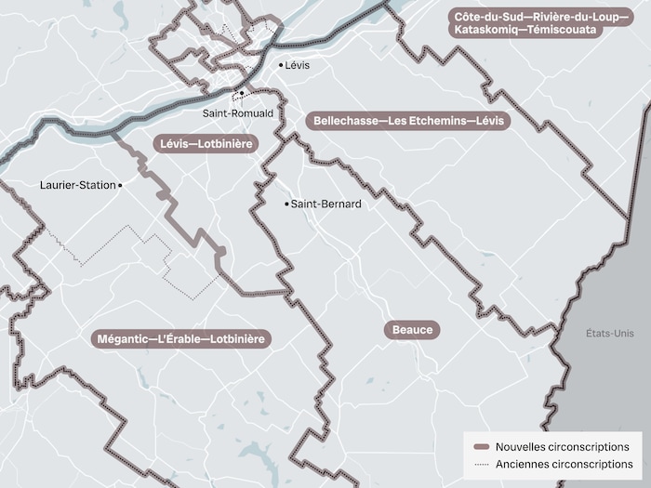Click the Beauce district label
click(x=413, y=330)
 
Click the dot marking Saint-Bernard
click(x=286, y=204)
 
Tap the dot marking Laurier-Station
click(x=121, y=185)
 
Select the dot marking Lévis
click(x=282, y=65)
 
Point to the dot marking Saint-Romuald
click(x=242, y=94)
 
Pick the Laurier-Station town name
click(x=78, y=185)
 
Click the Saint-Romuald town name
click(x=239, y=112)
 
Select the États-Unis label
click(x=609, y=334)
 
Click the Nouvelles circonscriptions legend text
click(x=562, y=446)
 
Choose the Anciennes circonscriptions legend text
click(x=563, y=464)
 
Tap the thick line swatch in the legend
click(x=482, y=446)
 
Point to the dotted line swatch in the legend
click(x=482, y=464)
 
